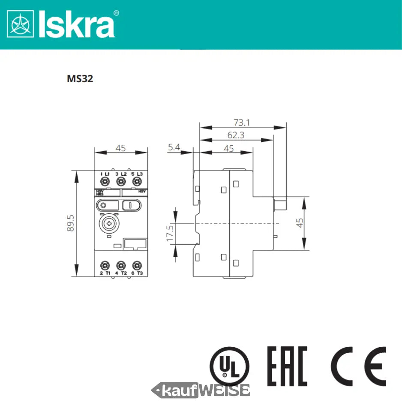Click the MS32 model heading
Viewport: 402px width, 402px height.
80,79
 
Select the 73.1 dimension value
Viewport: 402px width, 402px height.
242,123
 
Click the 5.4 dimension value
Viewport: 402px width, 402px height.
174,147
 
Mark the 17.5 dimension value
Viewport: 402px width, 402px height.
170,232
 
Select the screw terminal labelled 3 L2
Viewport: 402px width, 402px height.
121,182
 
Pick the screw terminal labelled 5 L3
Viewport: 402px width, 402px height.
137,182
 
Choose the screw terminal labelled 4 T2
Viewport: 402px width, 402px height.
121,265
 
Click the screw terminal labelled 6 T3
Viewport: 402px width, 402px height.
137,265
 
